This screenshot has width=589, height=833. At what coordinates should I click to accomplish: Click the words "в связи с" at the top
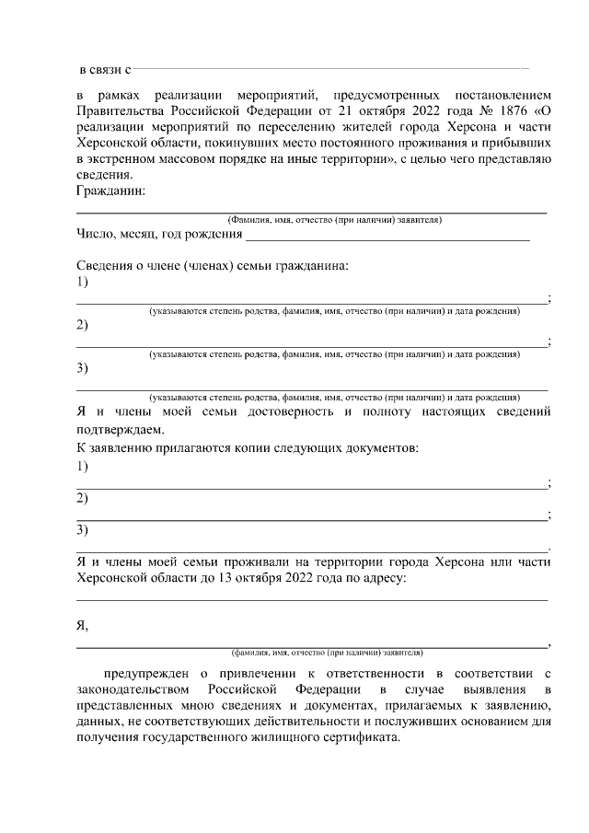click(106, 70)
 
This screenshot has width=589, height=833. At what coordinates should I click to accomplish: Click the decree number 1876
click(477, 112)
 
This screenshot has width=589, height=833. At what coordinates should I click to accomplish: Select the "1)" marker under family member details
click(82, 282)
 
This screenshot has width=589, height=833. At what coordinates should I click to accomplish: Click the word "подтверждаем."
click(121, 429)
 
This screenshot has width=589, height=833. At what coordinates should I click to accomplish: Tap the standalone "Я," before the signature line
click(82, 625)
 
